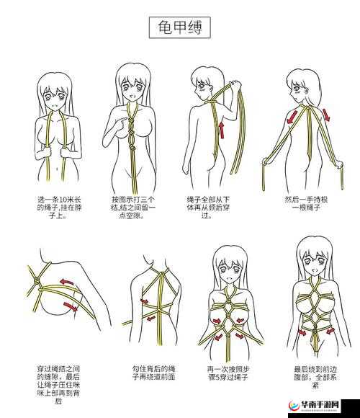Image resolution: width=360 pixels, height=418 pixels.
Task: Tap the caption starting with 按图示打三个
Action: (133, 207)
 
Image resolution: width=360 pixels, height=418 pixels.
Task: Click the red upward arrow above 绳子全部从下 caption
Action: (221, 130)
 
